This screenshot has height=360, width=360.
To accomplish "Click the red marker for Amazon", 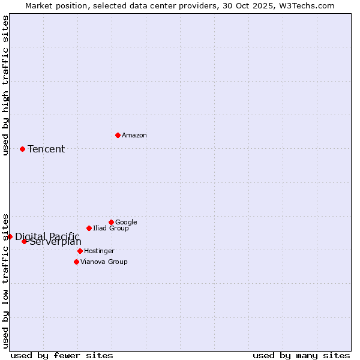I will tap(118, 135).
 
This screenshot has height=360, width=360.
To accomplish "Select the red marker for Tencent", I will tap(22, 149).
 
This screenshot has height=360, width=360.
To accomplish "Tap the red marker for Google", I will tap(111, 222).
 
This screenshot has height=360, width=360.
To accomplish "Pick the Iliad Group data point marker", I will tap(89, 228).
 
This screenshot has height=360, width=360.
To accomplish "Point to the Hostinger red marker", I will tap(80, 251).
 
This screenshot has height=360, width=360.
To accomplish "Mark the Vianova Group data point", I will tap(76, 262).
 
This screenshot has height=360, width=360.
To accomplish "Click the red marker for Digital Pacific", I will tap(10, 236).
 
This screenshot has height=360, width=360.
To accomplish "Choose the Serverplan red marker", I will tap(24, 241).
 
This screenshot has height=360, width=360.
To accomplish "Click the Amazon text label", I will tap(134, 136).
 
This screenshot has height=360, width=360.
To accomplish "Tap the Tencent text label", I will tap(46, 149).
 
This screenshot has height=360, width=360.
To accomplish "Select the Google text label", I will tap(126, 223).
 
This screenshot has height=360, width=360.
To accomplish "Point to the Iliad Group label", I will tap(111, 229).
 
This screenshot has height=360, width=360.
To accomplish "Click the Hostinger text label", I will tap(99, 251).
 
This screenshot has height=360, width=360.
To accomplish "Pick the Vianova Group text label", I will tap(104, 262).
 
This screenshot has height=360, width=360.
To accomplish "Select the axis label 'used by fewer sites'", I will tap(62, 355).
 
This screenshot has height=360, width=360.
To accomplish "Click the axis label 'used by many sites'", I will tap(301, 355).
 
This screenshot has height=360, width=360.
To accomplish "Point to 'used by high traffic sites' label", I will tap(6, 85).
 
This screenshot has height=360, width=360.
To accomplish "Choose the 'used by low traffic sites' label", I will tap(6, 280).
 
